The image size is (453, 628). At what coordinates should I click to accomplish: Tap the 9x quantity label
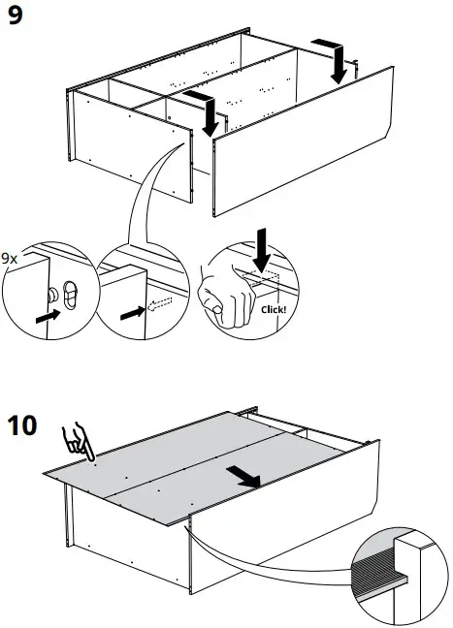[x=10, y=259]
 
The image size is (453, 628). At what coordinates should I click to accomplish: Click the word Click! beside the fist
[x=275, y=310]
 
